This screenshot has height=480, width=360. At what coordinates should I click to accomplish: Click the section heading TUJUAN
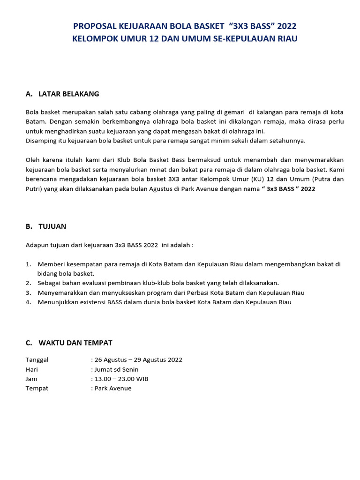[52, 226]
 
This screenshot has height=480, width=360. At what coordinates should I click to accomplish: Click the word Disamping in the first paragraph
[40, 140]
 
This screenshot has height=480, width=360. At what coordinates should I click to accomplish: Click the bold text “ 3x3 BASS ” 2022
[288, 188]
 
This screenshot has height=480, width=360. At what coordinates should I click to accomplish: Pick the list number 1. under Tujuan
[28, 264]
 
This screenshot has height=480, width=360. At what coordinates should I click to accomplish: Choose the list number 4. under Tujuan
[28, 302]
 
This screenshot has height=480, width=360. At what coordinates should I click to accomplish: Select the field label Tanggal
[37, 360]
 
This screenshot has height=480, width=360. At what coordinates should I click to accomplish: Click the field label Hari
[31, 369]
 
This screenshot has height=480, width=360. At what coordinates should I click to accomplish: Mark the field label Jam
[31, 379]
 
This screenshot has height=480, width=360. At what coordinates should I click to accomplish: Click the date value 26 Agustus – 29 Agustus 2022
[138, 360]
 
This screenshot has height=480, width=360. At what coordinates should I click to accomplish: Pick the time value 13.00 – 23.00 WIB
[121, 379]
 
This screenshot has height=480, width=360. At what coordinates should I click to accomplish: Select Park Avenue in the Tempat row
[113, 388]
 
